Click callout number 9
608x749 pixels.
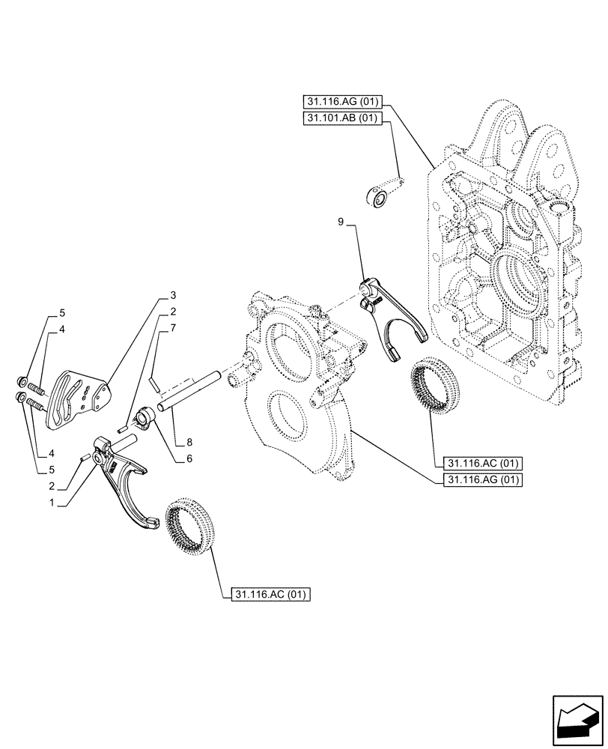click(341, 222)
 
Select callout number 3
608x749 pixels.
click(172, 295)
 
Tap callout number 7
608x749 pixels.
click(172, 327)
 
